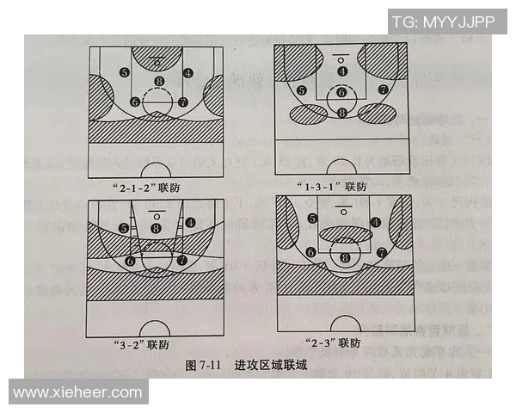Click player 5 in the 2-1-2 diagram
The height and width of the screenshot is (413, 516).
tap(126, 73)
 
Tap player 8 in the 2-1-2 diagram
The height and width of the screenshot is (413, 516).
tap(158, 83)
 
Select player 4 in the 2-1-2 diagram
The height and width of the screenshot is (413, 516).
tap(188, 73)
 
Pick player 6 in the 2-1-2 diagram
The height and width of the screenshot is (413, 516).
tap(135, 102)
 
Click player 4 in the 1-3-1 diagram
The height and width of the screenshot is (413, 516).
tap(342, 71)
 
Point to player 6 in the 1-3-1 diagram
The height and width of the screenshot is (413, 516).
tap(341, 93)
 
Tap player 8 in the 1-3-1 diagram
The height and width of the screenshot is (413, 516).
tap(342, 113)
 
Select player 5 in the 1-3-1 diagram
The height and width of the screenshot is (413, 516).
tap(301, 90)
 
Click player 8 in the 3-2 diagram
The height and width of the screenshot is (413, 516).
tap(156, 228)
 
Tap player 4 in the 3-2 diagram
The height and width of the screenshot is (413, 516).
tap(189, 221)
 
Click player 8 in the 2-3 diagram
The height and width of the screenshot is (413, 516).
tap(346, 257)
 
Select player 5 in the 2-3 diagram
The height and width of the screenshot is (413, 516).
tap(312, 219)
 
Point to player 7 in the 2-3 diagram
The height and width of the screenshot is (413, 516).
tap(380, 253)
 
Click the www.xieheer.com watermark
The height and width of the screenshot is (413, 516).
tap(78, 392)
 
